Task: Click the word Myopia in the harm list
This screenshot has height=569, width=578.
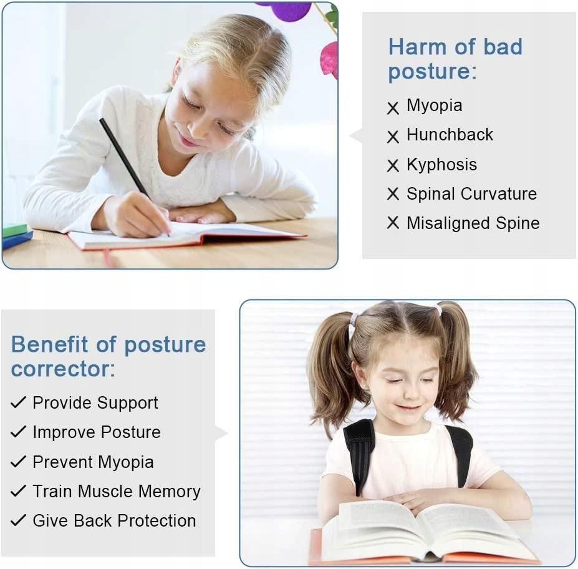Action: [434, 106]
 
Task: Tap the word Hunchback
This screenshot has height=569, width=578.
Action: [450, 135]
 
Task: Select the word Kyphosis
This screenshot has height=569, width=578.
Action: [441, 165]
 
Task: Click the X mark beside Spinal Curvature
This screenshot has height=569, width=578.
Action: [393, 193]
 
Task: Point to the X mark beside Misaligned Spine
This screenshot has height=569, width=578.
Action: [393, 223]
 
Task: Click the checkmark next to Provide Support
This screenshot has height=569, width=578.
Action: [18, 402]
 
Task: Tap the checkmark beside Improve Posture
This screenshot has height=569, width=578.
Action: [18, 432]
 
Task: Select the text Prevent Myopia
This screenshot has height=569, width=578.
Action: [93, 462]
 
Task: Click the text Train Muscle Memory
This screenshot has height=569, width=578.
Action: [117, 492]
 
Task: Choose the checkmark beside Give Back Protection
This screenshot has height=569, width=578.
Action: [18, 520]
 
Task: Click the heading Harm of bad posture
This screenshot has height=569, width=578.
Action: [455, 59]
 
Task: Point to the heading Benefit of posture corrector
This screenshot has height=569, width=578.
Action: [108, 356]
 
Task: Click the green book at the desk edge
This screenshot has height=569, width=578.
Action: [15, 230]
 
